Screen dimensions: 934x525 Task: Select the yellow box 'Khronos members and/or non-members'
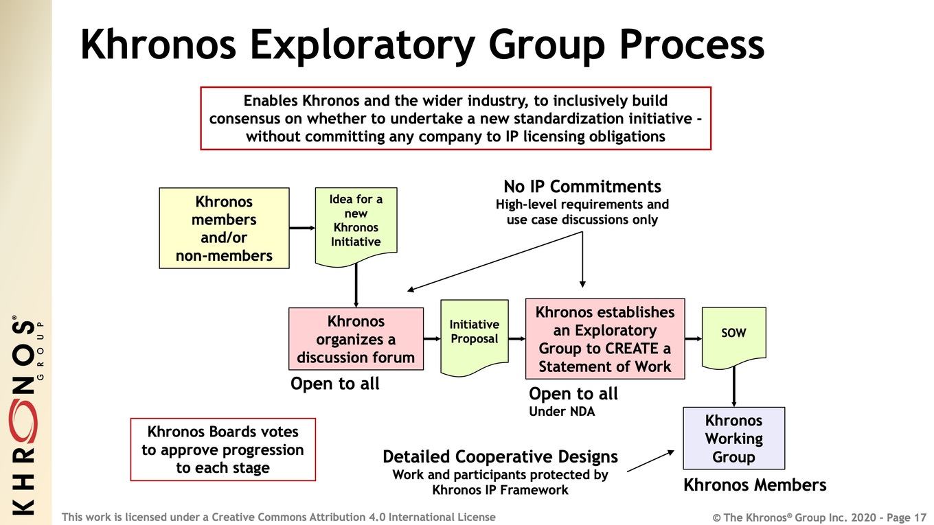coord(224,228)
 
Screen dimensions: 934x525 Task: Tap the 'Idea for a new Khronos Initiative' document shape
coord(356,226)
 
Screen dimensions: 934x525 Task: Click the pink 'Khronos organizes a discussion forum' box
coord(356,339)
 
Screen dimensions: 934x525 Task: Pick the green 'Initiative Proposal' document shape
coord(475,338)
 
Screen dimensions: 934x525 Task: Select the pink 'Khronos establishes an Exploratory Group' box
coord(605,339)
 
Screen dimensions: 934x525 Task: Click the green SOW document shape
coord(734,338)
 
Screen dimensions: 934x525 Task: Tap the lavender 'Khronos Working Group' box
coord(734,439)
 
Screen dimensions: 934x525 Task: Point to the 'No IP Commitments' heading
coord(582,187)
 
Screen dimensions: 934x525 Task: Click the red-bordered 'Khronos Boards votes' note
coord(223,450)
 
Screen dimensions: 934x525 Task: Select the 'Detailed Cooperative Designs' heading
coord(501,456)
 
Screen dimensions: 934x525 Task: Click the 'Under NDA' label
coord(562,412)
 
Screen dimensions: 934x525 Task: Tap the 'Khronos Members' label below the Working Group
coord(755,485)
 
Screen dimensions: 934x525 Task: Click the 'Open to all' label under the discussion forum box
coord(335,384)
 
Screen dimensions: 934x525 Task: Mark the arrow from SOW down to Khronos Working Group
coord(734,387)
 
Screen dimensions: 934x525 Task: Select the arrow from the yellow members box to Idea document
coord(302,228)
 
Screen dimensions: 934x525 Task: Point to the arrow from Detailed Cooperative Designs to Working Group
coord(650,461)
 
